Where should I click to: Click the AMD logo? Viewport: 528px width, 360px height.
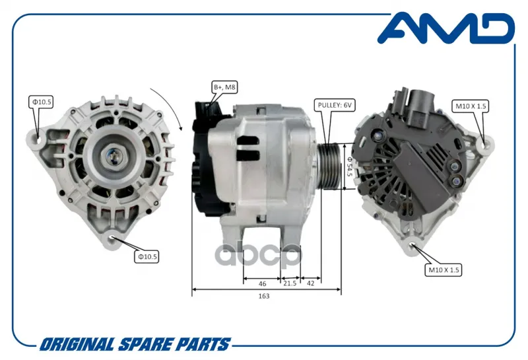446,28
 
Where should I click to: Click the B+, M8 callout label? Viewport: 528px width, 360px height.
224,87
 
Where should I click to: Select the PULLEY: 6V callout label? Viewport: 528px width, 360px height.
335,106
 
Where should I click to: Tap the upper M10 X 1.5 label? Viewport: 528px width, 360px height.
471,106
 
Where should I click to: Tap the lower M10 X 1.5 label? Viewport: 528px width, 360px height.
444,270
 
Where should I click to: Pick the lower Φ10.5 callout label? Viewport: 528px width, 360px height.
147,256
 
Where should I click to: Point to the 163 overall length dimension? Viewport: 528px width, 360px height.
264,296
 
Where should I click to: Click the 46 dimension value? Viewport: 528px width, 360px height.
262,284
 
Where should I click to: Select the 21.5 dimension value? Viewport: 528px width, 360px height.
290,283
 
